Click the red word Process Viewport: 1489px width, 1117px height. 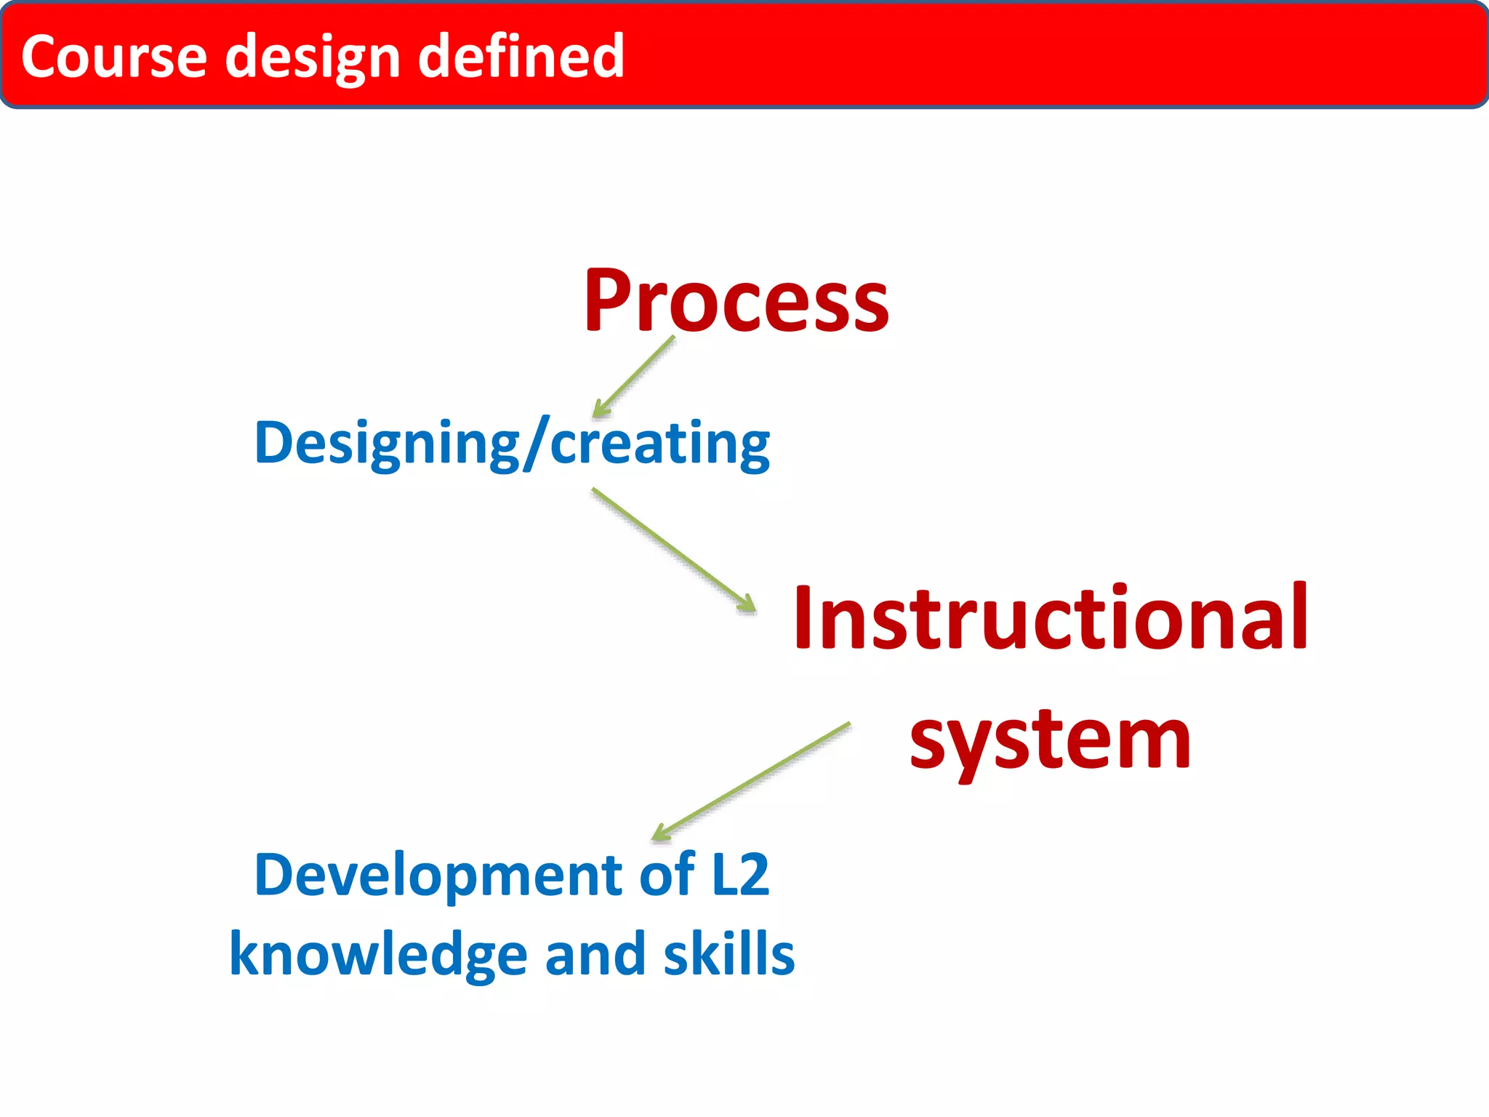(736, 301)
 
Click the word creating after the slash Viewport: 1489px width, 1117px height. (659, 444)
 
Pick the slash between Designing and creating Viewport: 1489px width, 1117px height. (535, 444)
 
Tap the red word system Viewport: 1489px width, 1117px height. (1050, 742)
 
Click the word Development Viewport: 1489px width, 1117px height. (438, 875)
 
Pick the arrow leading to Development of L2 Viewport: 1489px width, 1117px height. (752, 781)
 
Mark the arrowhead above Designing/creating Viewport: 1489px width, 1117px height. (600, 409)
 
